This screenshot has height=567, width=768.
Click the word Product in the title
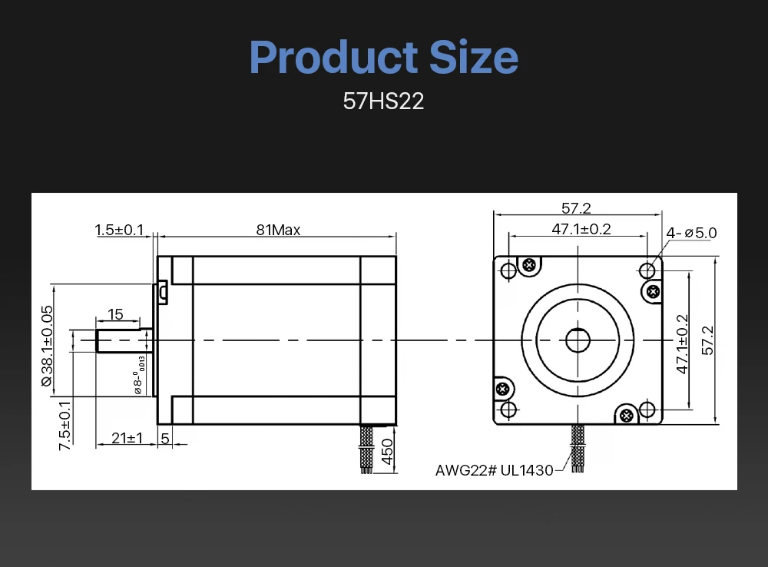[x=334, y=57]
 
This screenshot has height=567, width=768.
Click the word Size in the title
[x=474, y=57]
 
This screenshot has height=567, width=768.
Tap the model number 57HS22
[x=383, y=101]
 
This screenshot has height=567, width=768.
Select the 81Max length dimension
[x=278, y=230]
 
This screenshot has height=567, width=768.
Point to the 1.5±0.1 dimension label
[x=119, y=230]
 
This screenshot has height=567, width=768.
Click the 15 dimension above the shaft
[x=116, y=314]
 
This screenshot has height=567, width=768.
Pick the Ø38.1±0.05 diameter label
[x=47, y=346]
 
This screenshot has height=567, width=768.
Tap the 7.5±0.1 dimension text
[x=65, y=426]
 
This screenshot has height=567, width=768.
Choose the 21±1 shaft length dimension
[x=127, y=438]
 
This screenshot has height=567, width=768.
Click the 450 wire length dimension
[x=387, y=453]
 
